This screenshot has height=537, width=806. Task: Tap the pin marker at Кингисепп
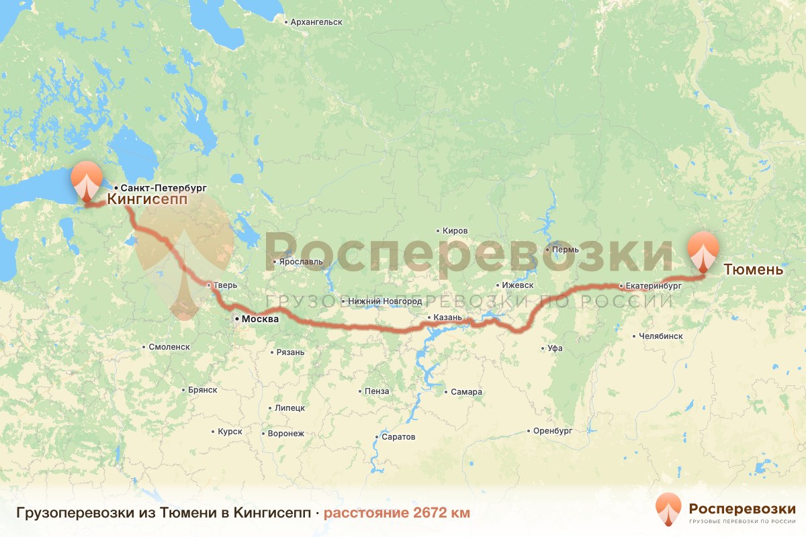pos(87,181)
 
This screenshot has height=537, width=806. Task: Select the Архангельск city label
pos(316,22)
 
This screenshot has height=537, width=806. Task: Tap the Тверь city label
pos(225,285)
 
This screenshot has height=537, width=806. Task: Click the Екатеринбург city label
pos(653,285)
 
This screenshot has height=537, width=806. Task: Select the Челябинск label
pos(660,336)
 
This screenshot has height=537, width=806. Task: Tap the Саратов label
pos(398,437)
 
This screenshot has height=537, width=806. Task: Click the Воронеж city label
pos(285,434)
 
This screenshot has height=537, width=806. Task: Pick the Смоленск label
pos(169,347)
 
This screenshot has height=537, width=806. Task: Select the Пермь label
pos(564,250)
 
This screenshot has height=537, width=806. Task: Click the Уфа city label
pos(554,348)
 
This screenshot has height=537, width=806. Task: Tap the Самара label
pos(466,392)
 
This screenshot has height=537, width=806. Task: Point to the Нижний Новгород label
pos(385,301)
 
